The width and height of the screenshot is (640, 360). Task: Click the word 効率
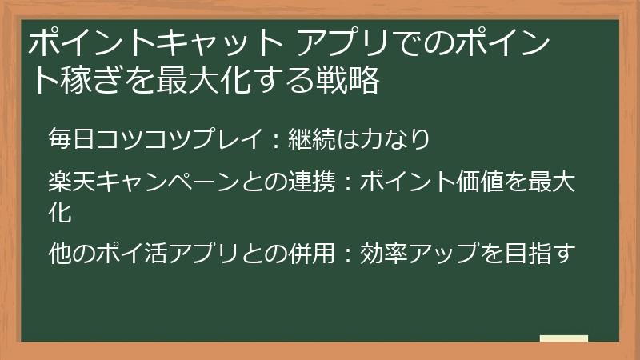point(381,254)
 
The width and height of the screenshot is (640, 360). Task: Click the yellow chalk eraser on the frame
point(564,339)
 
